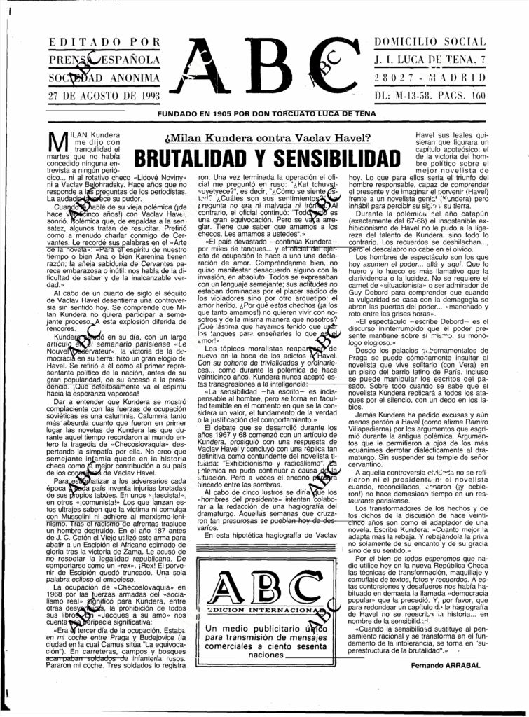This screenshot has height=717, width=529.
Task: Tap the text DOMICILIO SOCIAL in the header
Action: click(428, 43)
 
